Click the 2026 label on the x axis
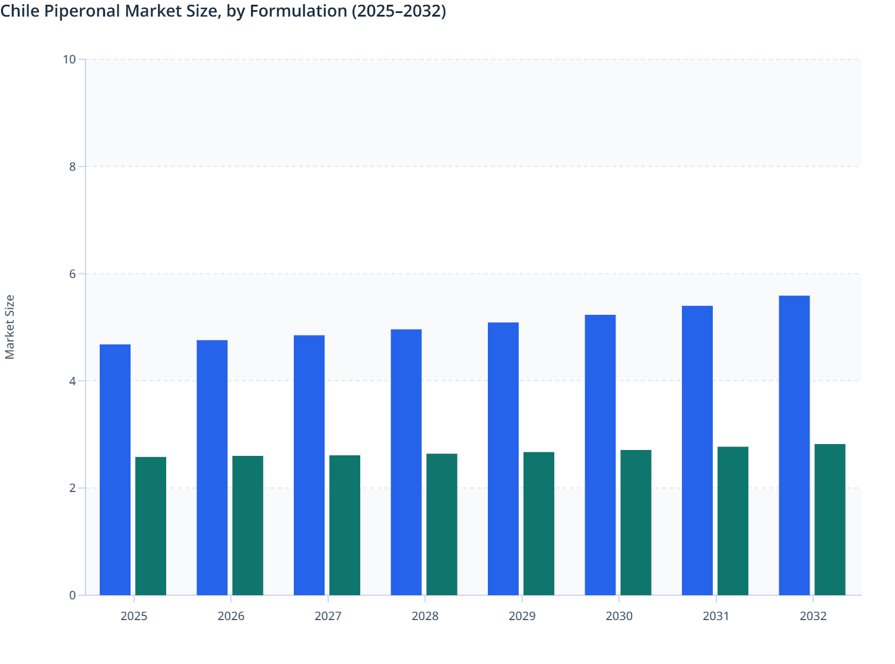point(231,616)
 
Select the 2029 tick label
point(522,616)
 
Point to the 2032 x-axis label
point(813,616)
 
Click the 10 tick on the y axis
point(69,59)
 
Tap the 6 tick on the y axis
point(72,274)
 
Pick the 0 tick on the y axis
point(72,595)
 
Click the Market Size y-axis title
point(10,327)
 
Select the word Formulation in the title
point(299,11)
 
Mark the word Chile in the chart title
point(20,11)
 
